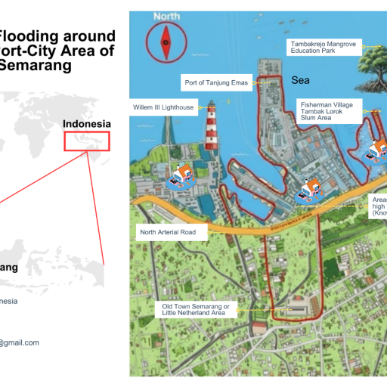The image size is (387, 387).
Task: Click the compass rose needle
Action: [166, 42]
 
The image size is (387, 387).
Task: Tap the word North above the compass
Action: [166, 16]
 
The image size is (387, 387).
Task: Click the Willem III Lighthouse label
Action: [165, 108]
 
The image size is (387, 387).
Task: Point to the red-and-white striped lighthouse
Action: [212, 128]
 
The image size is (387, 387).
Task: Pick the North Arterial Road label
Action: [172, 232]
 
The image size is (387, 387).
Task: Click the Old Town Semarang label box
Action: [195, 308]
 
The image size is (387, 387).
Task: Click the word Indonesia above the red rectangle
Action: [87, 124]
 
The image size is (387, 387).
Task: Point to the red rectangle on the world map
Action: [87, 141]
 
